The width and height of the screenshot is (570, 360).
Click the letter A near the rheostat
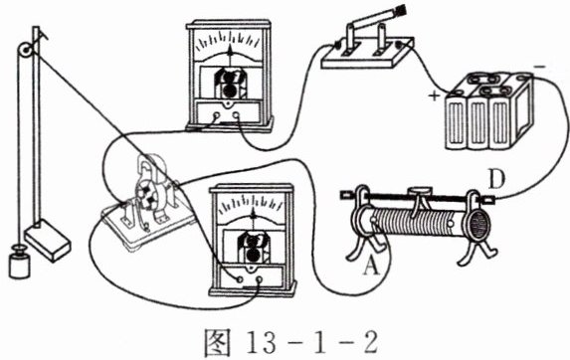[372, 270]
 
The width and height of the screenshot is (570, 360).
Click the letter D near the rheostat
[496, 179]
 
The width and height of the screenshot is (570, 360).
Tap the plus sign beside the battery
[434, 95]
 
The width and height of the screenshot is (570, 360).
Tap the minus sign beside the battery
[540, 67]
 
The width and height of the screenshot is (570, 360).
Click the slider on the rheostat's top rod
[420, 192]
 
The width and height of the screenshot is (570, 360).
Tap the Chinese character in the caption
[218, 342]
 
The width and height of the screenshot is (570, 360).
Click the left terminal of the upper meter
[217, 116]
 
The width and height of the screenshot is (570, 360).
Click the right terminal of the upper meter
[236, 115]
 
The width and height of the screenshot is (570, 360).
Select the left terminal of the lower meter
[239, 279]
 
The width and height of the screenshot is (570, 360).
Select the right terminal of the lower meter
[259, 279]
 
